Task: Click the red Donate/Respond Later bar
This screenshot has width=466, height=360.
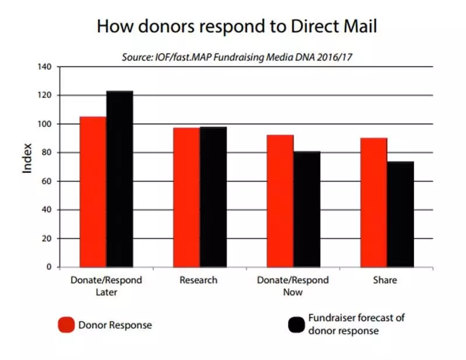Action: tap(93, 192)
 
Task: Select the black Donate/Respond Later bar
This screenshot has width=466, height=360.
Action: tap(119, 179)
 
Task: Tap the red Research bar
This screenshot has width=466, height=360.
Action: tap(186, 197)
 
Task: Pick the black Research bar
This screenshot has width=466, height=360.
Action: tap(213, 196)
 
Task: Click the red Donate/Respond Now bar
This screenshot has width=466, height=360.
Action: tap(280, 201)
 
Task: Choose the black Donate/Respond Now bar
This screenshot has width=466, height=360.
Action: tap(307, 209)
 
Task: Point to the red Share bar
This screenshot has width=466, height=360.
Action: tap(373, 202)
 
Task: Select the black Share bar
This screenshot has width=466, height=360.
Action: tap(400, 214)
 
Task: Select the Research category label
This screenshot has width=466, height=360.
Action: tap(199, 280)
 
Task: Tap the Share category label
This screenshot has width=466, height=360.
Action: tap(385, 280)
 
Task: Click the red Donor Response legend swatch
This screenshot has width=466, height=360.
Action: tap(66, 324)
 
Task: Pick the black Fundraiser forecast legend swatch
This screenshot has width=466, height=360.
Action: tap(296, 324)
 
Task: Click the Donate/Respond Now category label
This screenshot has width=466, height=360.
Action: tap(293, 285)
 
